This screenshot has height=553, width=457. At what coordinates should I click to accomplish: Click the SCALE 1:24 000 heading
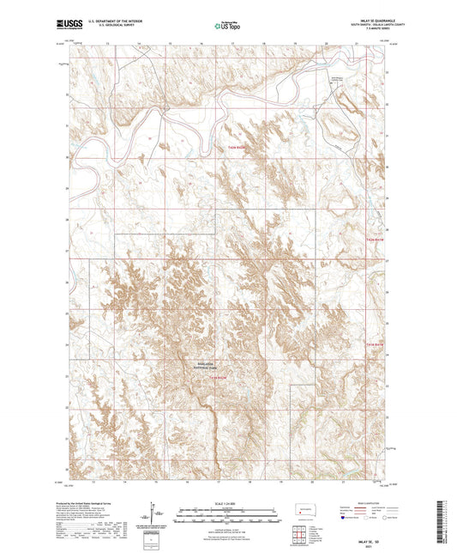point(228,502)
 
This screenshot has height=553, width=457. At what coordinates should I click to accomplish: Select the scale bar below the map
point(228,515)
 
